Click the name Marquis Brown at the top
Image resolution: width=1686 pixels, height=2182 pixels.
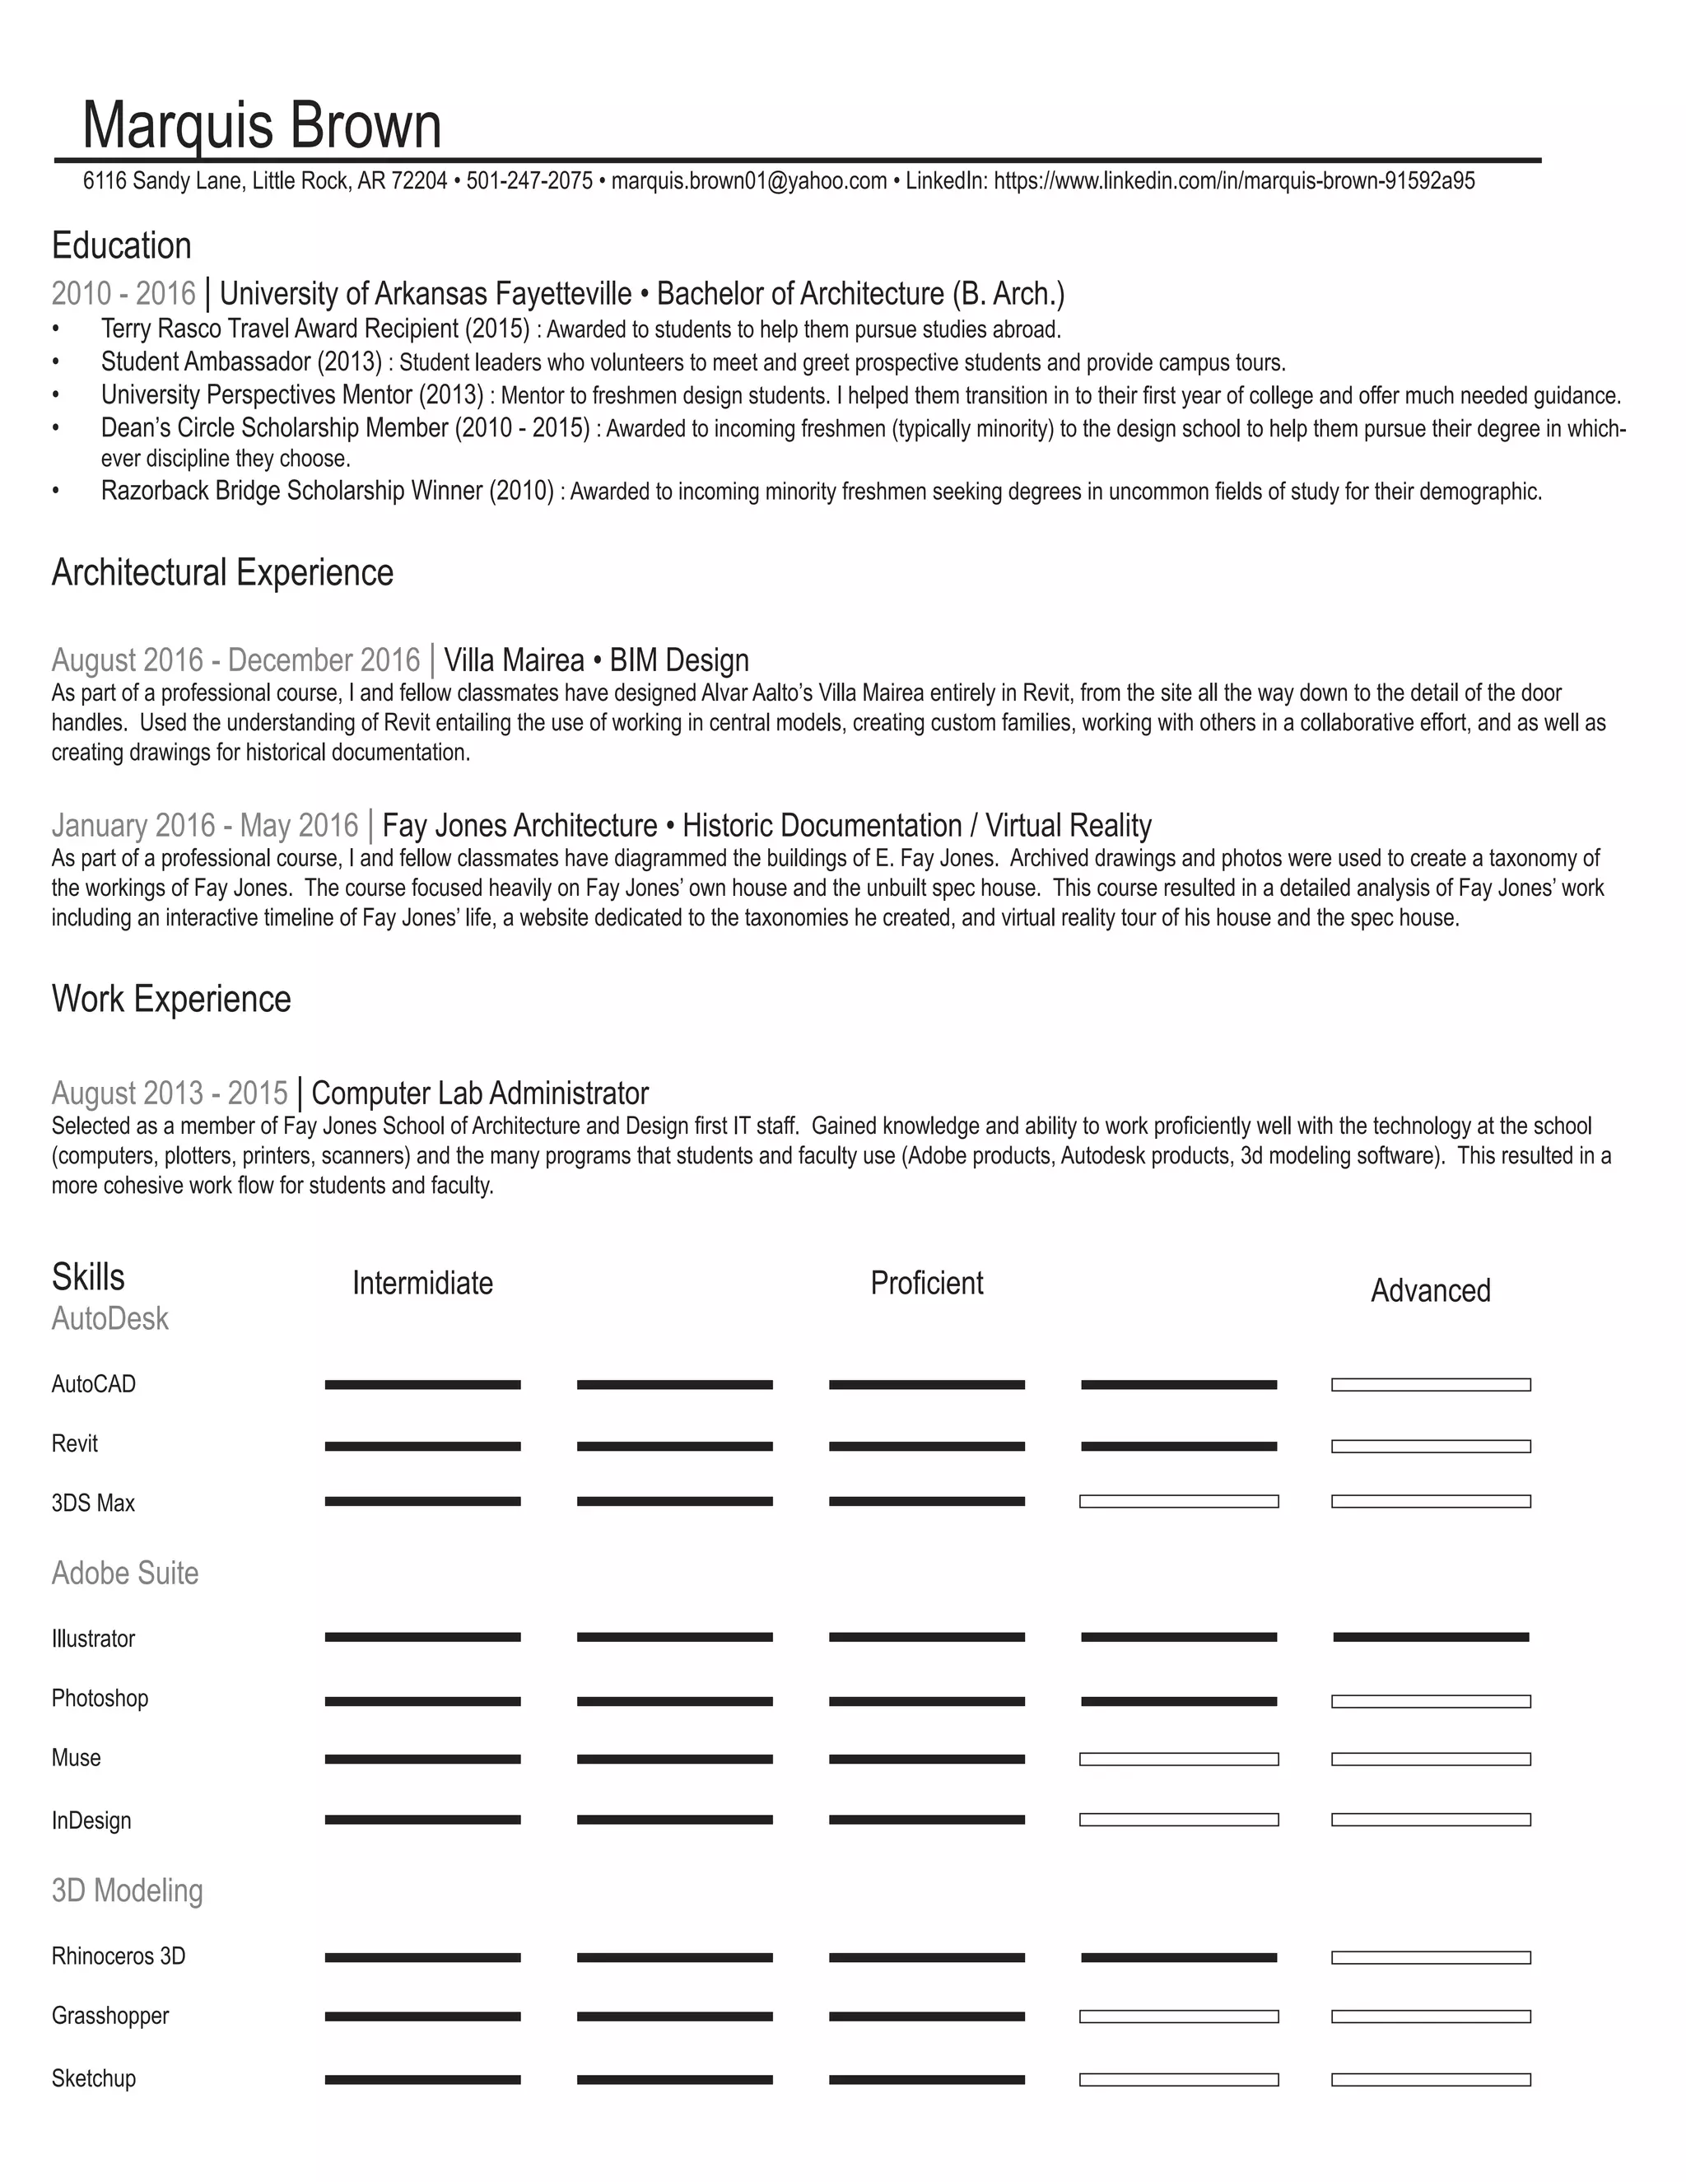point(262,126)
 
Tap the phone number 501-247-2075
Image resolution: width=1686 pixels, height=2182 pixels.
point(529,182)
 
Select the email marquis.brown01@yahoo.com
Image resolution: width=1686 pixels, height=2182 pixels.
point(749,182)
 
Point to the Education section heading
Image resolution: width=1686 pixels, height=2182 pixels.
point(121,245)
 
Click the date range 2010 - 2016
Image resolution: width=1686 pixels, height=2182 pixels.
point(123,294)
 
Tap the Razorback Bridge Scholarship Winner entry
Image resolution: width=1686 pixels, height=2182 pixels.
point(326,491)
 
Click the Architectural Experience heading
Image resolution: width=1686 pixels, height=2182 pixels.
point(221,572)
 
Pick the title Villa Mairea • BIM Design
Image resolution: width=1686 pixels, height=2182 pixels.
point(596,660)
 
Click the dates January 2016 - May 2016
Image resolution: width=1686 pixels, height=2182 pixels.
point(205,825)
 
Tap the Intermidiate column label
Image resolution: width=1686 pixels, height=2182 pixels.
point(422,1283)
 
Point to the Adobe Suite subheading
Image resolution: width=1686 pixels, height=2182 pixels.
point(125,1574)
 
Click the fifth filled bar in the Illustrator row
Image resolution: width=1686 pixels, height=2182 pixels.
point(1430,1638)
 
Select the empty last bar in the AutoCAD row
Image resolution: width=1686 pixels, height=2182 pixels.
point(1430,1385)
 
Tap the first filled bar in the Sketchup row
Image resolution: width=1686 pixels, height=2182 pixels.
point(422,2080)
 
